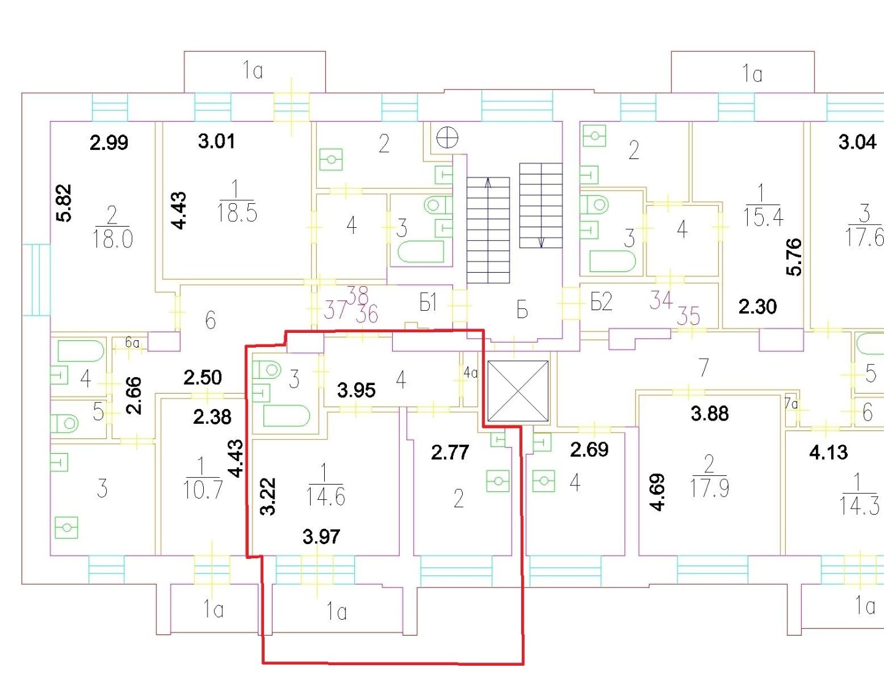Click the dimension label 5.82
65,203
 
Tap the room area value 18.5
237,212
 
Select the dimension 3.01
217,142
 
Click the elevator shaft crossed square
518,391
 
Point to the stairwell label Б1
428,303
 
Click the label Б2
601,302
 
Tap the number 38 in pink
358,294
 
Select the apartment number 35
688,317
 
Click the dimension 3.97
322,537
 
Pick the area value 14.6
325,496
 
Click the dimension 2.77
450,452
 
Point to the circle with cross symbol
447,137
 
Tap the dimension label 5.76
794,257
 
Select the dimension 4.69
657,491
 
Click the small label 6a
132,343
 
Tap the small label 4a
471,372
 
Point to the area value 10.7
203,490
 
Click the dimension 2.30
758,306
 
